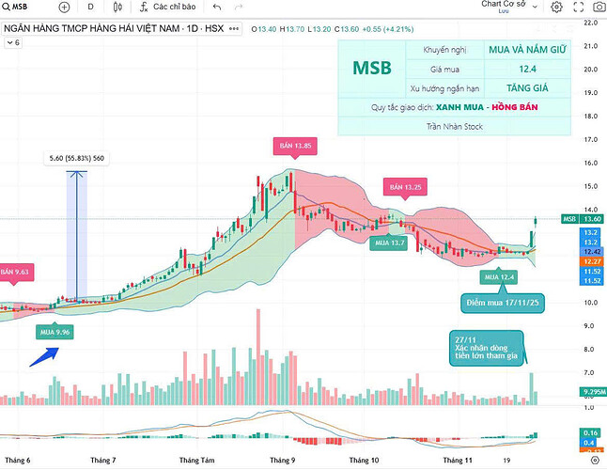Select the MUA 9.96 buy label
[x=54, y=331]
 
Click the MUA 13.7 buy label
[x=388, y=243]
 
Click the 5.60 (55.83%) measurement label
[x=77, y=159]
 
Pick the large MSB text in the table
[x=372, y=69]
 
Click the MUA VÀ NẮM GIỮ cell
[x=527, y=48]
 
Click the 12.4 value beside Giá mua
[x=527, y=69]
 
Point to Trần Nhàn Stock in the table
[x=456, y=126]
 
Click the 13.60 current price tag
[x=591, y=219]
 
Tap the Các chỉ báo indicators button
[x=166, y=8]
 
